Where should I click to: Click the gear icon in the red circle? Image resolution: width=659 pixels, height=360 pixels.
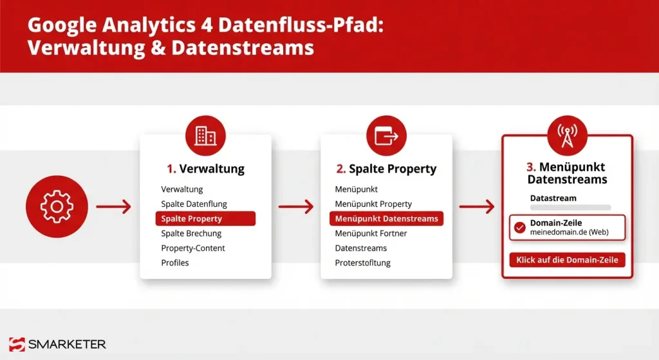(56, 206)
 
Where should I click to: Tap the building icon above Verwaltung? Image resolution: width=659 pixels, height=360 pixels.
(205, 136)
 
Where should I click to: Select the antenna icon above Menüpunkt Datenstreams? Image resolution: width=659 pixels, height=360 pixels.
(567, 136)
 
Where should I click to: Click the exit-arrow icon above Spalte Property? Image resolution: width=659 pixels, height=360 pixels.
(386, 136)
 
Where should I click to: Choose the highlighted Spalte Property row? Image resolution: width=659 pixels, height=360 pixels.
(205, 219)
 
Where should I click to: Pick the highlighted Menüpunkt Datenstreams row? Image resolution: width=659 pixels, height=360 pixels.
(386, 219)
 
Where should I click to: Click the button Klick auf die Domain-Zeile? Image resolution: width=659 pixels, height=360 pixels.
(567, 260)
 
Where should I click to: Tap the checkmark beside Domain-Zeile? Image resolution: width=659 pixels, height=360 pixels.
(520, 227)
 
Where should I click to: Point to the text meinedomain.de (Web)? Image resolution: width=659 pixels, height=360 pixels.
(569, 232)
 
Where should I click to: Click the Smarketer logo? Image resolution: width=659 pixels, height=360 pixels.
(58, 345)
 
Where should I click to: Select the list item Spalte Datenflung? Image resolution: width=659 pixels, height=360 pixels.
(194, 204)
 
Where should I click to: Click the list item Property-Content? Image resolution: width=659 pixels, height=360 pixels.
(193, 248)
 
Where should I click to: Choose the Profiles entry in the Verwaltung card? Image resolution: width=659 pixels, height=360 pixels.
(175, 263)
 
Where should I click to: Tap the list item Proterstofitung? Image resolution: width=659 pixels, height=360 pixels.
(362, 263)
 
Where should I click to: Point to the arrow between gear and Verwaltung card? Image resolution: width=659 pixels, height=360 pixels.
(113, 207)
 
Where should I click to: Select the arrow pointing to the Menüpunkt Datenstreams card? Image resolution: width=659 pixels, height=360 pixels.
(477, 207)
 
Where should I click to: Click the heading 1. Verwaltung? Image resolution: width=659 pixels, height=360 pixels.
(205, 169)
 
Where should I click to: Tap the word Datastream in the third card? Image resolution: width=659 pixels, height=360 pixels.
(553, 198)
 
